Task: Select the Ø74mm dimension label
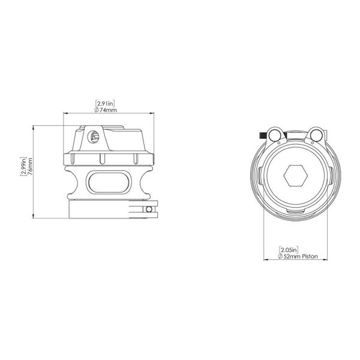coord(106,110)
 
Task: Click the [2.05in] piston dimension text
coord(290,249)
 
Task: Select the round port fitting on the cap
coord(92,137)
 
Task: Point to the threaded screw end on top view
coord(263,134)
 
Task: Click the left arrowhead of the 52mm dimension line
coord(266,260)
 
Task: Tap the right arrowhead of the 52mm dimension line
coord(326,260)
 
